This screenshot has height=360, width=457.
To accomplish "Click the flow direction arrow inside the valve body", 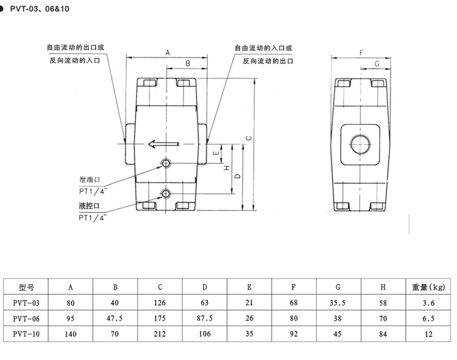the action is tap(163, 144).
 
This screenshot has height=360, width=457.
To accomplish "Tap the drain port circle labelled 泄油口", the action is tap(166, 163).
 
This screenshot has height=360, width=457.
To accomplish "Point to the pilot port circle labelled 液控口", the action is tap(166, 193).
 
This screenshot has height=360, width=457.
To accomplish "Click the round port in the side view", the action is tap(361, 144).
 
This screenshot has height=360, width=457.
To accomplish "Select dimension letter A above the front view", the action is tap(168, 52).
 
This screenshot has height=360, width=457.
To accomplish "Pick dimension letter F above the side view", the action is tap(362, 53).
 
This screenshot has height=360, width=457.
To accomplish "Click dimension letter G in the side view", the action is tap(377, 64).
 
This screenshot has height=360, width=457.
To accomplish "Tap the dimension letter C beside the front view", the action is tap(249, 138).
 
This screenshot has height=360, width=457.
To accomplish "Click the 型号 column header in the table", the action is tap(26, 287).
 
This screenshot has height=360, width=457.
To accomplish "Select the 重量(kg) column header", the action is tap(428, 287).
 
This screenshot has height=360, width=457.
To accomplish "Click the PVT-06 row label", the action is tap(26, 319).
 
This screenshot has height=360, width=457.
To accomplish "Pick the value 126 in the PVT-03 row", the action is tap(160, 303).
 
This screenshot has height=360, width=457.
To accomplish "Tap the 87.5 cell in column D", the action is tap(204, 318).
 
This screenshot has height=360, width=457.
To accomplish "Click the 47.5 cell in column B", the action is tap(114, 318).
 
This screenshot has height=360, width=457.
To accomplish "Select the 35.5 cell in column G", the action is tap(338, 303).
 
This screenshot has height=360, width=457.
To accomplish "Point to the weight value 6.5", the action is tap(428, 319).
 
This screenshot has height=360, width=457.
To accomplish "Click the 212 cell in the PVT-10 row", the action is tap(160, 334).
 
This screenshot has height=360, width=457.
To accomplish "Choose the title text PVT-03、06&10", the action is tap(40, 8).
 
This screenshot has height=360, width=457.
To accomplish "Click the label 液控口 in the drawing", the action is tap(89, 206).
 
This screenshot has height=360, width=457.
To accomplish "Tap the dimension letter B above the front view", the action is tap(188, 63).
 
